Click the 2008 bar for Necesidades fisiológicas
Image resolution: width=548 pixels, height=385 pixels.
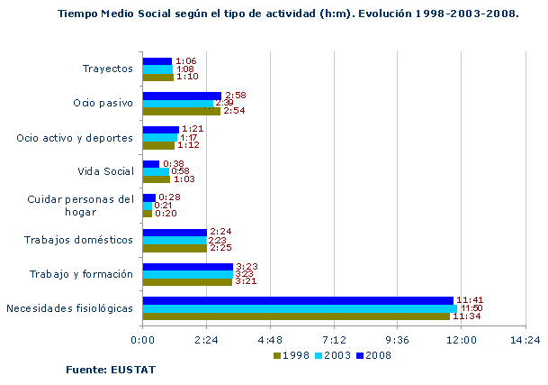pos(297,300)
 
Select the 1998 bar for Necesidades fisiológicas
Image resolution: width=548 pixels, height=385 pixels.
pos(295,316)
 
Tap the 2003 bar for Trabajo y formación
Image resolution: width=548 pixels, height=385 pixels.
pos(187,274)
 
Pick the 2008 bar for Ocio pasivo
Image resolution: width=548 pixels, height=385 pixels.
pos(182,95)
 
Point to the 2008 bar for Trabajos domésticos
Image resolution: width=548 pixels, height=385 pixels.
pos(175,232)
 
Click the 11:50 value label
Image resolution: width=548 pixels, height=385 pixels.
pos(471,308)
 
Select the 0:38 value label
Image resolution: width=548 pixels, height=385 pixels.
pos(173,163)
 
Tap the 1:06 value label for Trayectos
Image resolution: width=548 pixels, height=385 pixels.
pos(185,61)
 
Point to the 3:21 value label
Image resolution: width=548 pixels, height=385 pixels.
pos(246,282)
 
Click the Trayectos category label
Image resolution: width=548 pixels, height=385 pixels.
pos(107,69)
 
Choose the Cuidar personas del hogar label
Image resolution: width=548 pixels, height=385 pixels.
pos(80,205)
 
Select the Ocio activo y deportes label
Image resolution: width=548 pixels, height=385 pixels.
pos(75,138)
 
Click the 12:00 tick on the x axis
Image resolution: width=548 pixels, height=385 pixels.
pos(462,340)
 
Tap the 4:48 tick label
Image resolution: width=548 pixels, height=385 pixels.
pos(270,340)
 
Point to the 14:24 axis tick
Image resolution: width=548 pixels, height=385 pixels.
pos(526,340)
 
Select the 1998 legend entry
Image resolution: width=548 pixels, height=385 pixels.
pos(291,354)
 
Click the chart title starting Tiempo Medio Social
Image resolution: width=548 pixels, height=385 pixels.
pos(287,14)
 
